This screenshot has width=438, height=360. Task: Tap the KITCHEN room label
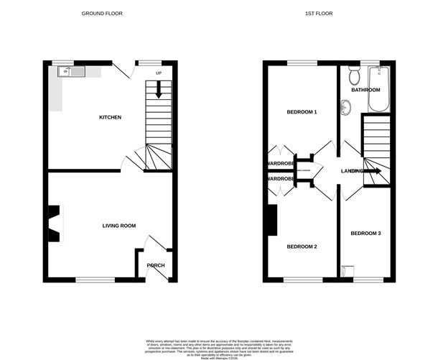click(x=110, y=117)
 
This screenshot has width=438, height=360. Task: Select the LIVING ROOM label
click(x=118, y=226)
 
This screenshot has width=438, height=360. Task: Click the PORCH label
click(x=156, y=265)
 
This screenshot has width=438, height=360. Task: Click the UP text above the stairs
click(x=159, y=73)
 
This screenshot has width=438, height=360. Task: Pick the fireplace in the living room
click(x=54, y=223)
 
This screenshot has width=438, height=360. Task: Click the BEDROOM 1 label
click(x=302, y=112)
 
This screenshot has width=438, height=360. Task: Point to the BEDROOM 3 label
click(x=365, y=234)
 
